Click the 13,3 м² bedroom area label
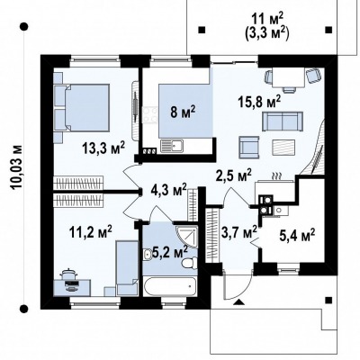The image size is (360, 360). pos(103,148)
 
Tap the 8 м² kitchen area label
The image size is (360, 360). pos(184,113)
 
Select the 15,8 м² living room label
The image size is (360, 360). pos(259,103)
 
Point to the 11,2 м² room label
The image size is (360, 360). pos(90,232)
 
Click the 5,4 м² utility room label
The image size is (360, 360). pos(297,234)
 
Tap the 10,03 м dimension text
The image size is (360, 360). pos(17,167)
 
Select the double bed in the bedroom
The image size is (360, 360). pos(87,107)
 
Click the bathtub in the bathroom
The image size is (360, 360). pos(170,286)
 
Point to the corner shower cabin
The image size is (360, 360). pos(186,236)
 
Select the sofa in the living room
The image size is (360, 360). pos(283,121)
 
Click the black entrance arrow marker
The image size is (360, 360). pos(239,302)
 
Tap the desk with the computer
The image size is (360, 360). pos(72,286)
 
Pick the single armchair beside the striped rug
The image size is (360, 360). pos(249,148)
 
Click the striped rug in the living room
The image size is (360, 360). pos(283,148)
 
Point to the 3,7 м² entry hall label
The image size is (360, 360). pos(239,232)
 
